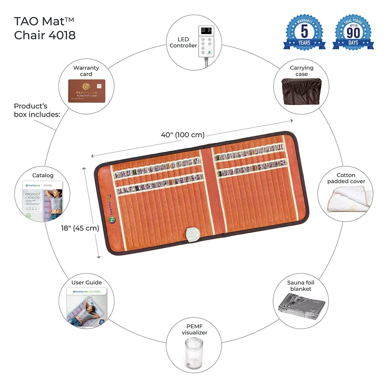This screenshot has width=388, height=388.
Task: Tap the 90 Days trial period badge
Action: [353, 33]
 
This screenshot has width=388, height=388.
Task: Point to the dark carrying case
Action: [301, 91]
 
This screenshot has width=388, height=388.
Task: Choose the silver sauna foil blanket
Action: [301, 306]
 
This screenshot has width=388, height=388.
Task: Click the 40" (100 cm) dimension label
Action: [183, 135]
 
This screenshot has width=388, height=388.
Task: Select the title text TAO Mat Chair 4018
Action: [45, 28]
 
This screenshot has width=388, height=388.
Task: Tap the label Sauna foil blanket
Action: [299, 286]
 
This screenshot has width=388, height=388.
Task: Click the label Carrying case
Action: [301, 71]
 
